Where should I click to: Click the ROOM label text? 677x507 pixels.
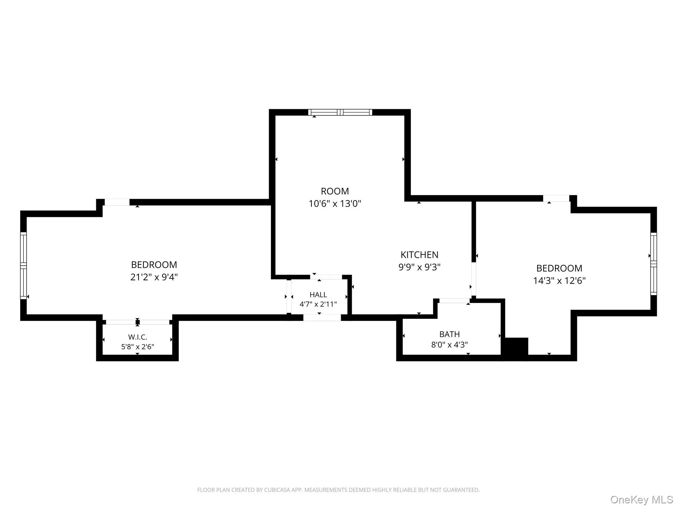tap(335, 191)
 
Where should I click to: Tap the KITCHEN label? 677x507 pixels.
tap(419, 255)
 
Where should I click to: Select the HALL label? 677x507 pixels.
tap(318, 295)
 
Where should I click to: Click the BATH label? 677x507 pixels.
tap(450, 334)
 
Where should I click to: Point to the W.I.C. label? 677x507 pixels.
tap(138, 337)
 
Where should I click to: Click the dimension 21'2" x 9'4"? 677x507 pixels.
tap(154, 277)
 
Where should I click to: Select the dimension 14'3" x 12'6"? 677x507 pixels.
tap(559, 281)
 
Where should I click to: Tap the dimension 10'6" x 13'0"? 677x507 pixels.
tap(335, 204)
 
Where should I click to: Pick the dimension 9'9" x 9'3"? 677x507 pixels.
tap(419, 267)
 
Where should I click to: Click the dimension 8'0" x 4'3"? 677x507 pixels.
tap(450, 345)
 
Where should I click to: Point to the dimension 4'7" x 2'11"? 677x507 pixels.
tap(318, 304)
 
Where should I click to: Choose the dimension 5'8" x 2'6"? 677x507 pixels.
tap(138, 347)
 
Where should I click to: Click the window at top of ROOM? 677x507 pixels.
tap(340, 112)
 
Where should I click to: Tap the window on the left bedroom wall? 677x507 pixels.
tap(23, 265)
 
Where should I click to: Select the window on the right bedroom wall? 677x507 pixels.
tap(654, 264)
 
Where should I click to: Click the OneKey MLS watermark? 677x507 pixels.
tap(642, 500)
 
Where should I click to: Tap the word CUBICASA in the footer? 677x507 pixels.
tap(277, 490)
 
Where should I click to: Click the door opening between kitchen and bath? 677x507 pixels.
tap(454, 301)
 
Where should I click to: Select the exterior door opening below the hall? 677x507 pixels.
tap(322, 318)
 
